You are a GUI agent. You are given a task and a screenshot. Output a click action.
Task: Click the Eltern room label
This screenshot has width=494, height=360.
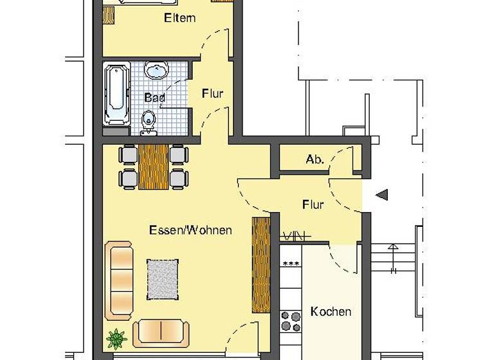pyautogui.click(x=179, y=18)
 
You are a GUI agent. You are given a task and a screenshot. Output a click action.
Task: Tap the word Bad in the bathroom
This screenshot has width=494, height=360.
pyautogui.click(x=154, y=98)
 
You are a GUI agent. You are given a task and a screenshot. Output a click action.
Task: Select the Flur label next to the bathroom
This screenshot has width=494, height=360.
pyautogui.click(x=212, y=94)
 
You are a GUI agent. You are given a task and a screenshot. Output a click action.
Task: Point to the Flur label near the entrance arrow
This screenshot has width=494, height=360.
pyautogui.click(x=313, y=205)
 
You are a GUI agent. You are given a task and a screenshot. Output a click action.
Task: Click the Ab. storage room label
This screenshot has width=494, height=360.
pyautogui.click(x=315, y=160)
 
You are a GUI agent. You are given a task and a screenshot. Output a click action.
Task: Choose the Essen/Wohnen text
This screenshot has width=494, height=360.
pyautogui.click(x=190, y=230)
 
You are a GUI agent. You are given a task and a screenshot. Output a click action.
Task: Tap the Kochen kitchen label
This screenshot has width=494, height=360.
pyautogui.click(x=331, y=312)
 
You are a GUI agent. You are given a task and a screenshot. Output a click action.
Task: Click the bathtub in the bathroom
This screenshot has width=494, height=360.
pyautogui.click(x=116, y=94)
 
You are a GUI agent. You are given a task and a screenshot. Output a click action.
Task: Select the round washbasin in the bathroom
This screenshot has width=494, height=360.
pyautogui.click(x=156, y=69)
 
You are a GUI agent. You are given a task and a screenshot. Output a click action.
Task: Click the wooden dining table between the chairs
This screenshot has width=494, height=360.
pyautogui.click(x=153, y=166)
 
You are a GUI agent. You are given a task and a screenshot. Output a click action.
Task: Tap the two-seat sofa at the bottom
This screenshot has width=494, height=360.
pyautogui.click(x=161, y=332)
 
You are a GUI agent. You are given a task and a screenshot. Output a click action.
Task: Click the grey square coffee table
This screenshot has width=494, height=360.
pyautogui.click(x=163, y=278)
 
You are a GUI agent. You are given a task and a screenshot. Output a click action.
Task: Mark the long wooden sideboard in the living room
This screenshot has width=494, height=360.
pyautogui.click(x=261, y=265)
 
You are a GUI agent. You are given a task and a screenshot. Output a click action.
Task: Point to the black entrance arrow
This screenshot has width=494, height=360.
pyautogui.click(x=381, y=195)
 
